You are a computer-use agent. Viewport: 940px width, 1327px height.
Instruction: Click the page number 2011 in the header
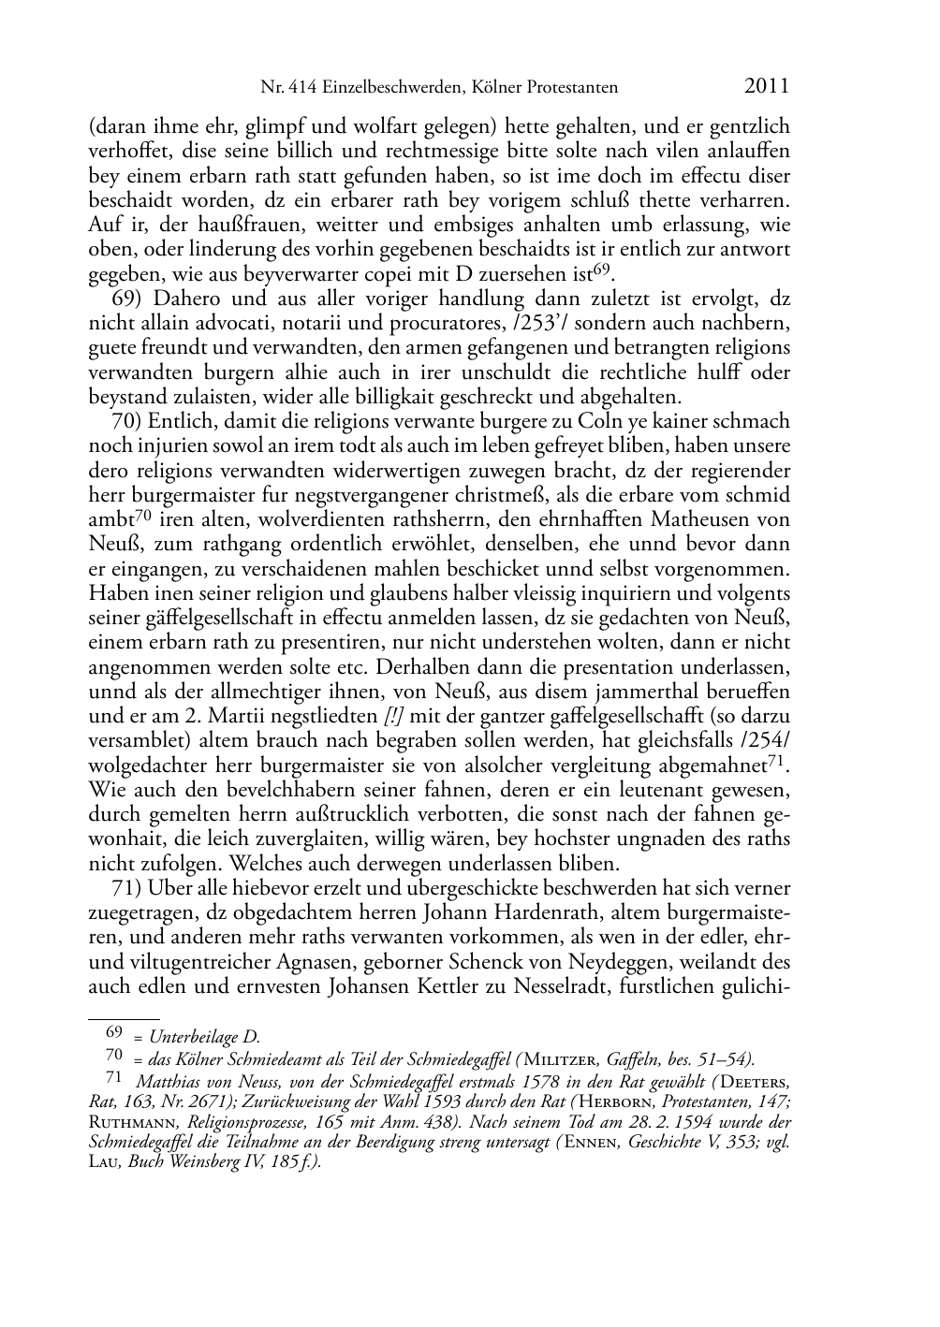[x=767, y=87]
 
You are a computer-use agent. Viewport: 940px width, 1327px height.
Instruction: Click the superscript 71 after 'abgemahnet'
[x=776, y=761]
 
